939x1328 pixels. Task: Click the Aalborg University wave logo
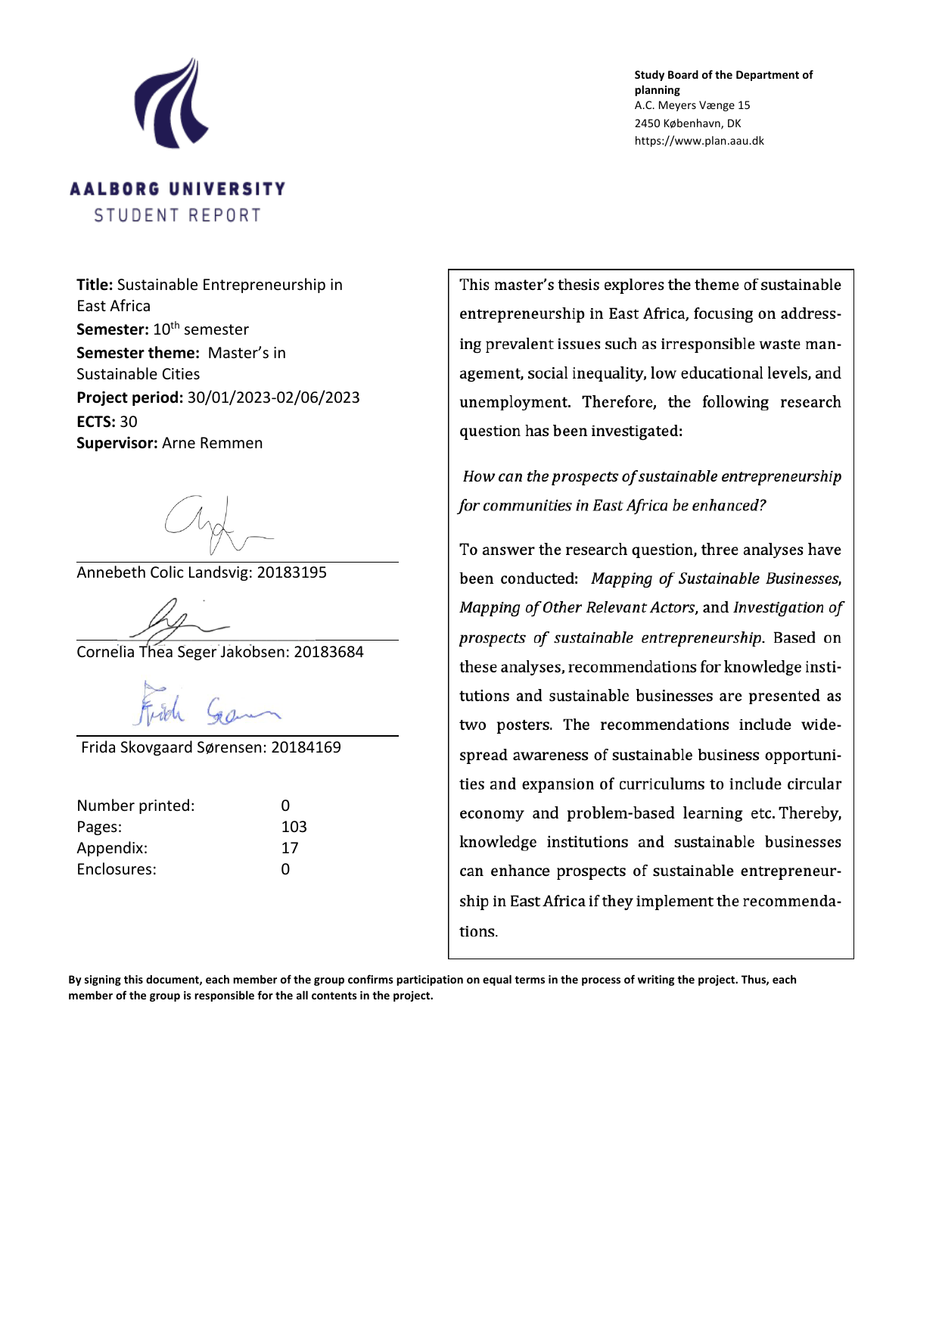point(172,104)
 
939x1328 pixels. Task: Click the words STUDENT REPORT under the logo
point(177,216)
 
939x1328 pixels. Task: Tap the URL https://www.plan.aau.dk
point(699,141)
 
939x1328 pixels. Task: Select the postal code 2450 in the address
point(647,123)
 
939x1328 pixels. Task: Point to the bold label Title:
point(95,285)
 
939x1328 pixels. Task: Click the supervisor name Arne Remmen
point(213,443)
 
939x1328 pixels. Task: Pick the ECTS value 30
point(129,422)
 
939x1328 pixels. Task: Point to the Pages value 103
point(294,827)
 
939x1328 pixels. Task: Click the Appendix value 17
point(290,848)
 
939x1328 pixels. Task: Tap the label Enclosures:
point(117,869)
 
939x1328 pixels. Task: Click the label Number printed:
point(135,806)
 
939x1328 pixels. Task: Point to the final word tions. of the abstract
point(478,931)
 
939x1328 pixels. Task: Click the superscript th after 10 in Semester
point(175,326)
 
